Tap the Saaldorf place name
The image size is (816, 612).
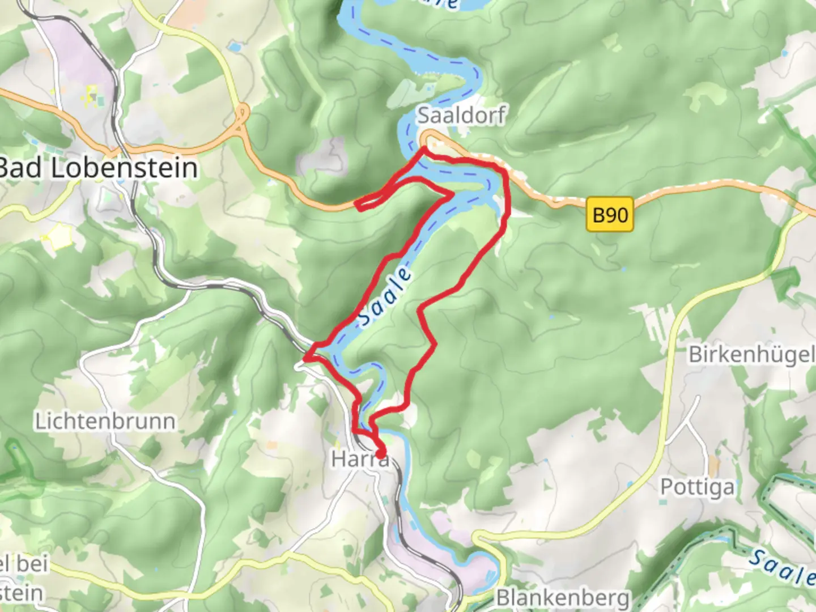[x=461, y=115]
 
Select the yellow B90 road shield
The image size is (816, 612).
[x=610, y=215]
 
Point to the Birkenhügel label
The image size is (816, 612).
[x=751, y=355]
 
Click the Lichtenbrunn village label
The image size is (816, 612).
[x=105, y=422]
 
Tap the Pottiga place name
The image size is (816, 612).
[x=697, y=487]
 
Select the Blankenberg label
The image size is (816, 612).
[x=563, y=598]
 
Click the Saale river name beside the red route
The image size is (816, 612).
[x=385, y=297]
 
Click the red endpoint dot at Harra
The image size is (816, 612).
[x=380, y=453]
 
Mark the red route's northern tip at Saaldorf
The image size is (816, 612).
[x=425, y=148]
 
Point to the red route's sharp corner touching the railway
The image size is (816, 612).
[x=306, y=358]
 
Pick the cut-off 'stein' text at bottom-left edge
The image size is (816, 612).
[x=22, y=593]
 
